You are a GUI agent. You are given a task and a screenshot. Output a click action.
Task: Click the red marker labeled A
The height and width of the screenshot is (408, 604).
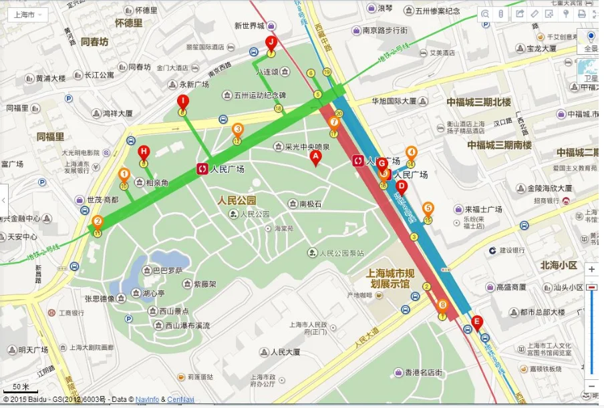316,158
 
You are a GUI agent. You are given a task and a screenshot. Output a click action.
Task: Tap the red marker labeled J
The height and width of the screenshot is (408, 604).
271,43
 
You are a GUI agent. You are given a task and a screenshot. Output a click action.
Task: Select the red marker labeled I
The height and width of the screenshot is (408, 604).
182,101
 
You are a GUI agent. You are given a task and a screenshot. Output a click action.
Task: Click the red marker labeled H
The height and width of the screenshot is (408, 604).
143,152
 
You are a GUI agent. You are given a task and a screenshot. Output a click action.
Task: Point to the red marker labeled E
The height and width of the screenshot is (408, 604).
476,322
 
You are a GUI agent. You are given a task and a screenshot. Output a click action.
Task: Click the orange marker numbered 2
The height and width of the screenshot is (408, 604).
98,222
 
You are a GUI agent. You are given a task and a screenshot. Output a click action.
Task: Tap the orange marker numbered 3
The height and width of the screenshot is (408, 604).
237,130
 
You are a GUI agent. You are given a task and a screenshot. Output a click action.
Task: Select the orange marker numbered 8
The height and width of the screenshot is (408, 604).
442,305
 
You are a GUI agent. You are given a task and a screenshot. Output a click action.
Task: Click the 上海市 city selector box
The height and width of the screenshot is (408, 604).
27,15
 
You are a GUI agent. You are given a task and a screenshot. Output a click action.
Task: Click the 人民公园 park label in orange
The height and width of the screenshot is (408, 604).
237,200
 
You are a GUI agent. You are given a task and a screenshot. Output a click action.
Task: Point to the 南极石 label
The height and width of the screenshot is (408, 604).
311,204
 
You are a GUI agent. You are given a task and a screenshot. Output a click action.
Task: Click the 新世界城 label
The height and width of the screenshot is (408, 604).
249,26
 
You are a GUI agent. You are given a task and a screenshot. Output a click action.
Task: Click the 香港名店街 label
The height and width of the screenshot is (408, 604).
418,372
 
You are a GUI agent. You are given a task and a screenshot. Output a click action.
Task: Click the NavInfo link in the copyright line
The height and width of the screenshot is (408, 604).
147,399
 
